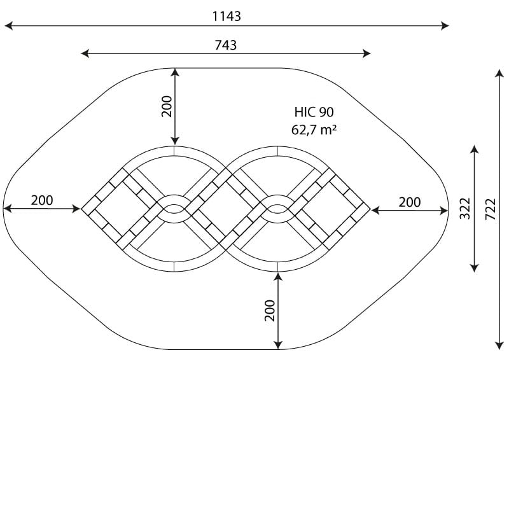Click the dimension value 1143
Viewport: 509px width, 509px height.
(227, 17)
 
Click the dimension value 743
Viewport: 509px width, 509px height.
(226, 45)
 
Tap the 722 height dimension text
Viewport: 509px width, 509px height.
(491, 209)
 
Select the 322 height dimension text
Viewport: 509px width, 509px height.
(465, 208)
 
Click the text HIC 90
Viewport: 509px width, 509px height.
(314, 112)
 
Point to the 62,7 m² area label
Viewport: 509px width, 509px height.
(314, 130)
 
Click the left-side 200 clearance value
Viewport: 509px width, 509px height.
(42, 200)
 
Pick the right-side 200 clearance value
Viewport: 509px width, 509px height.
(410, 202)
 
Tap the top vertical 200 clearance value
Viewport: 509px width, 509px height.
(167, 106)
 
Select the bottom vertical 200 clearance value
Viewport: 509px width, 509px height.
(270, 310)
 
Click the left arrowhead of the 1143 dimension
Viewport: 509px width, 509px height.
(8, 25)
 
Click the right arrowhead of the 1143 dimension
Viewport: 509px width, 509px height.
(445, 25)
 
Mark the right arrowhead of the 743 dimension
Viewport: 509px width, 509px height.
(366, 53)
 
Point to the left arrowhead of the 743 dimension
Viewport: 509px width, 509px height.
(85, 53)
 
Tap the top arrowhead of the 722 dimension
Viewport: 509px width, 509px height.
(499, 74)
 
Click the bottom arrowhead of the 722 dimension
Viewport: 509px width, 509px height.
(499, 345)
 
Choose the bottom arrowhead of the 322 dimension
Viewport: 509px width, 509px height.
(475, 268)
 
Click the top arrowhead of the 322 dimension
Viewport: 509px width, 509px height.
(475, 150)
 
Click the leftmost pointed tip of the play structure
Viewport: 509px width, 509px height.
(81, 209)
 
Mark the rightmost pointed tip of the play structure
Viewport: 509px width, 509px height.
(370, 209)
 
